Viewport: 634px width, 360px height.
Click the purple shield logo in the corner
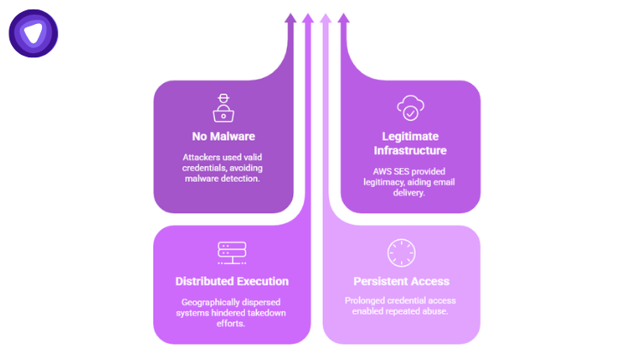click(33, 33)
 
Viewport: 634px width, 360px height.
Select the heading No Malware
click(223, 136)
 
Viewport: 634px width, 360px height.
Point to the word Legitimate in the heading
click(410, 136)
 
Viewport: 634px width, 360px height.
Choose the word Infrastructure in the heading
click(410, 151)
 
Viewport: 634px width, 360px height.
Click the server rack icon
click(231, 253)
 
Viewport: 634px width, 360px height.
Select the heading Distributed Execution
click(231, 281)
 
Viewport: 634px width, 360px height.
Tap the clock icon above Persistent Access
click(402, 253)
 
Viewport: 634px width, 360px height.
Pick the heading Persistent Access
click(402, 281)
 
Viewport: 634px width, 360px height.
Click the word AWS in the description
click(372, 171)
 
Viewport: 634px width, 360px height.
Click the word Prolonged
click(366, 301)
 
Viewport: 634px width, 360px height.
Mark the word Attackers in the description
click(201, 158)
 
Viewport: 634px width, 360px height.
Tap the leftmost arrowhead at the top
click(290, 17)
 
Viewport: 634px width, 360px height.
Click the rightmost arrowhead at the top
click(344, 17)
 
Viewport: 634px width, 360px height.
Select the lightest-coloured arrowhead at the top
click(326, 17)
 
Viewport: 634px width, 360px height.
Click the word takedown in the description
click(264, 313)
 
